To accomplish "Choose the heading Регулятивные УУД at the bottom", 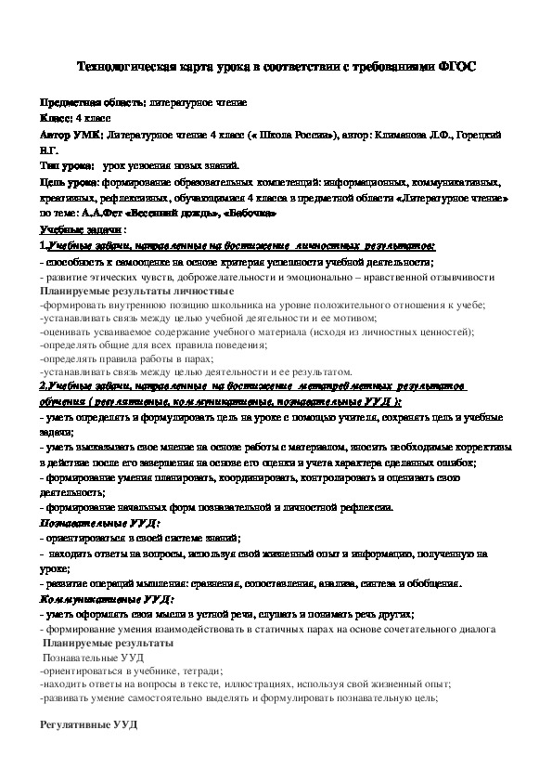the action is tap(89, 723).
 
